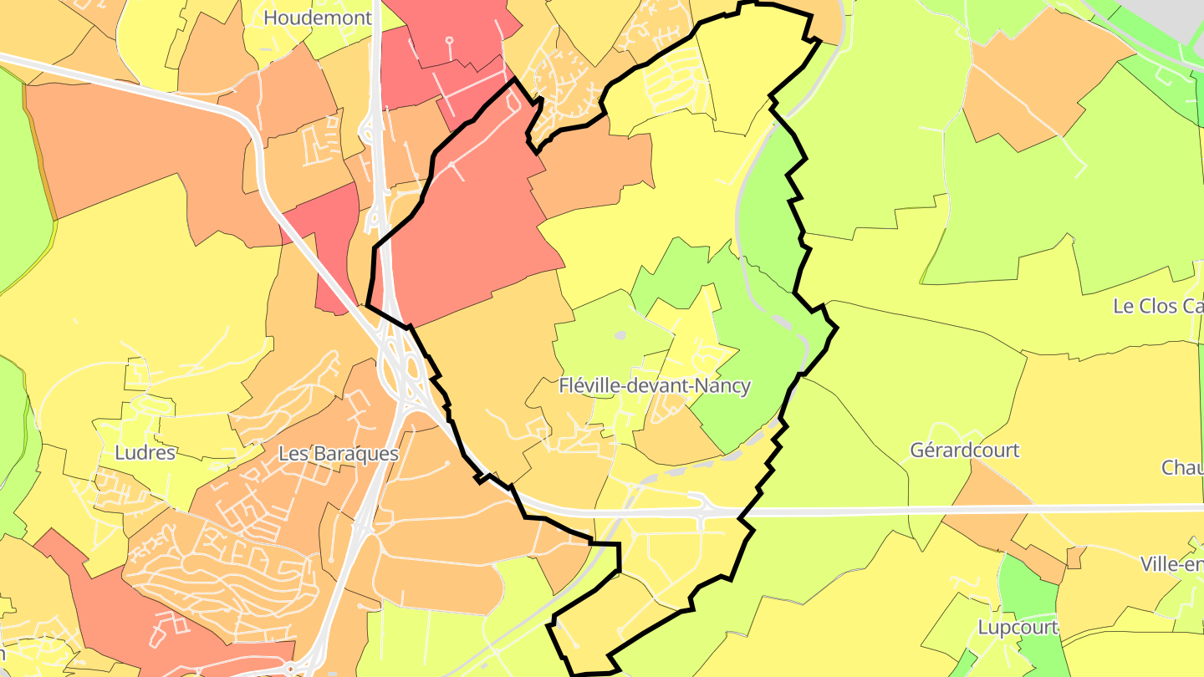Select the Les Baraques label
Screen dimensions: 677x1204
click(338, 453)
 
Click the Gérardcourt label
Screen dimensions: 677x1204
click(964, 450)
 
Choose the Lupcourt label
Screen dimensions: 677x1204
click(1018, 627)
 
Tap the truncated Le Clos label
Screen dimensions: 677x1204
click(1157, 306)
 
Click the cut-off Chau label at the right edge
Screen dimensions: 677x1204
click(1181, 467)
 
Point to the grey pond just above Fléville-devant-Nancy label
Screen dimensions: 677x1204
click(620, 335)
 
